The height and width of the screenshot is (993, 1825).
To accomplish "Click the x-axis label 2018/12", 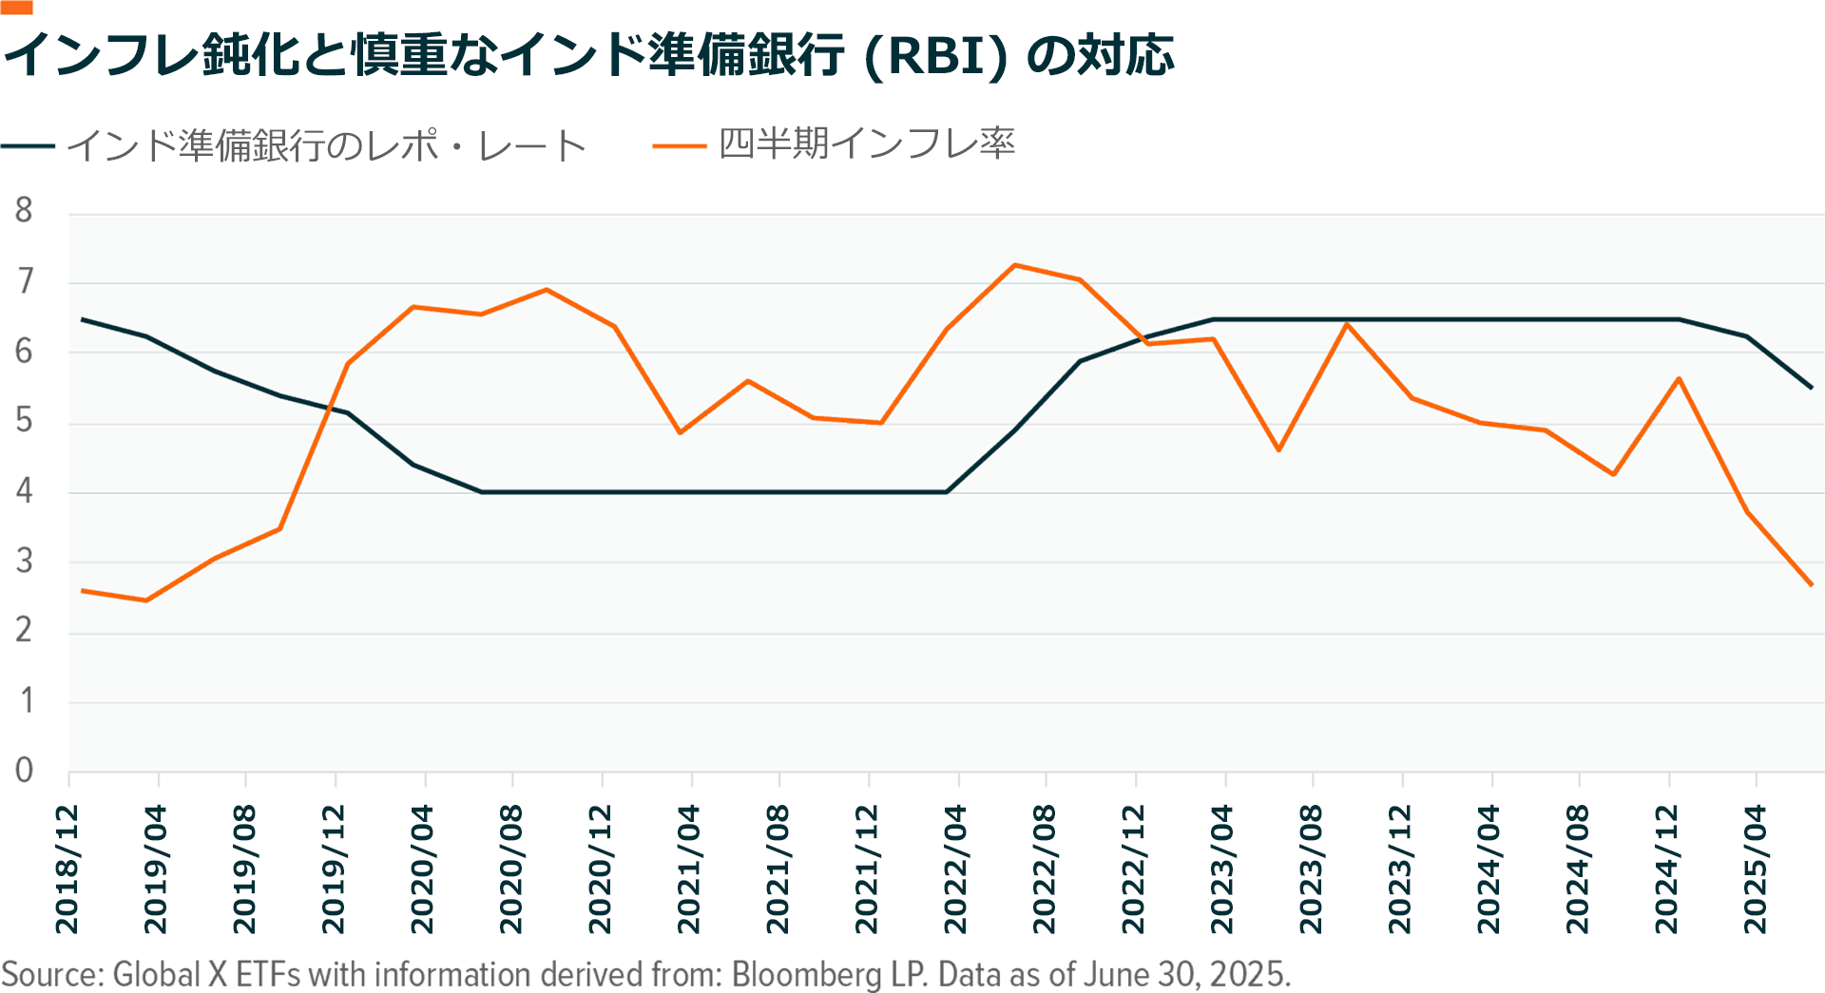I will (x=67, y=869).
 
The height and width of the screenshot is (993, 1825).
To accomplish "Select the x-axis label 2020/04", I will (x=422, y=869).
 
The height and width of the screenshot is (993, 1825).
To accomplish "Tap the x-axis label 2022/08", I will (x=1044, y=869).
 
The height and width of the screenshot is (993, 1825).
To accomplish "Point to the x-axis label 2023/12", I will (x=1400, y=869).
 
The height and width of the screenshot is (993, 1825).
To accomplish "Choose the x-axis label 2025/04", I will (x=1755, y=869).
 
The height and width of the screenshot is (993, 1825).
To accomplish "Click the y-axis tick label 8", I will (x=24, y=210).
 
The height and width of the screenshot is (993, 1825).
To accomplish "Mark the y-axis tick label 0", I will (x=24, y=770).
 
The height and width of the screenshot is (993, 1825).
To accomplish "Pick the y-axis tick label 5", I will (x=24, y=420).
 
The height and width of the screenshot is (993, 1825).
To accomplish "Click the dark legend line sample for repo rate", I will (x=29, y=146).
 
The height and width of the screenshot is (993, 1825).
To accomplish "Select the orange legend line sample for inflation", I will (x=679, y=146).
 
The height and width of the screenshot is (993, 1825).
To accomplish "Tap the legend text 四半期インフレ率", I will (x=866, y=144).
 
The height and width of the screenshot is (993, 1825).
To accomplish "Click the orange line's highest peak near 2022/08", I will (x=1015, y=265).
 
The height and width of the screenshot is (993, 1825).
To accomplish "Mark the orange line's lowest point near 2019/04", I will (x=145, y=601).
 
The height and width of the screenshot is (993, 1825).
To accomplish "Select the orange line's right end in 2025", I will (x=1812, y=584).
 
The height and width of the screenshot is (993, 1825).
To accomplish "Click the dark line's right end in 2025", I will (x=1812, y=388).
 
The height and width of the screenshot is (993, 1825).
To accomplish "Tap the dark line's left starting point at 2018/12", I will (x=83, y=319).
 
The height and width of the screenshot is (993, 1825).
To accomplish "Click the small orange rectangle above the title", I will (x=17, y=8).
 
